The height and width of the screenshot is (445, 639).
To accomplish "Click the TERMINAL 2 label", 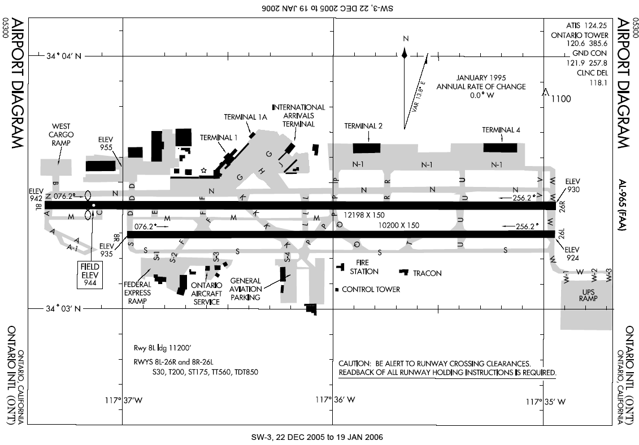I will click(364, 126).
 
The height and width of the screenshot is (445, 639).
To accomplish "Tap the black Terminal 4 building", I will click(500, 147).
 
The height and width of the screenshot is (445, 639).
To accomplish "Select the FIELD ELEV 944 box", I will click(89, 275).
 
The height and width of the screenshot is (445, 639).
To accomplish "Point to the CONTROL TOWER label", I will click(371, 289).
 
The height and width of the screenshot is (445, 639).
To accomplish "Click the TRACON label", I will click(427, 273).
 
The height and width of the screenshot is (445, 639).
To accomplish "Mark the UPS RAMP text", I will click(588, 294).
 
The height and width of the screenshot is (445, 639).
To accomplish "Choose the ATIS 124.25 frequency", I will click(586, 25).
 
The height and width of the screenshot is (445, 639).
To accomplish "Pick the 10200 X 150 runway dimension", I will click(399, 225).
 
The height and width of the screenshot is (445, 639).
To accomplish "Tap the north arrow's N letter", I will click(405, 38).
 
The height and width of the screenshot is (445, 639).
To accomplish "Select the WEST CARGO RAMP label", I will click(60, 135).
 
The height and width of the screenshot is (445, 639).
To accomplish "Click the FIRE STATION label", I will click(364, 267).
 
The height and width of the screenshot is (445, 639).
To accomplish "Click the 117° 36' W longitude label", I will click(336, 400).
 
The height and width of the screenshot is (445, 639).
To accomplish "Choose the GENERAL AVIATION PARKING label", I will click(245, 289).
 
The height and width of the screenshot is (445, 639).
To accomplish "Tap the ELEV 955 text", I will click(106, 143).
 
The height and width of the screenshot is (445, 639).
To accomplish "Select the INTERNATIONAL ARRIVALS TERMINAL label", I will click(298, 115).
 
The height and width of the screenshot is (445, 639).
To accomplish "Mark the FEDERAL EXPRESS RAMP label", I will click(137, 293).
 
